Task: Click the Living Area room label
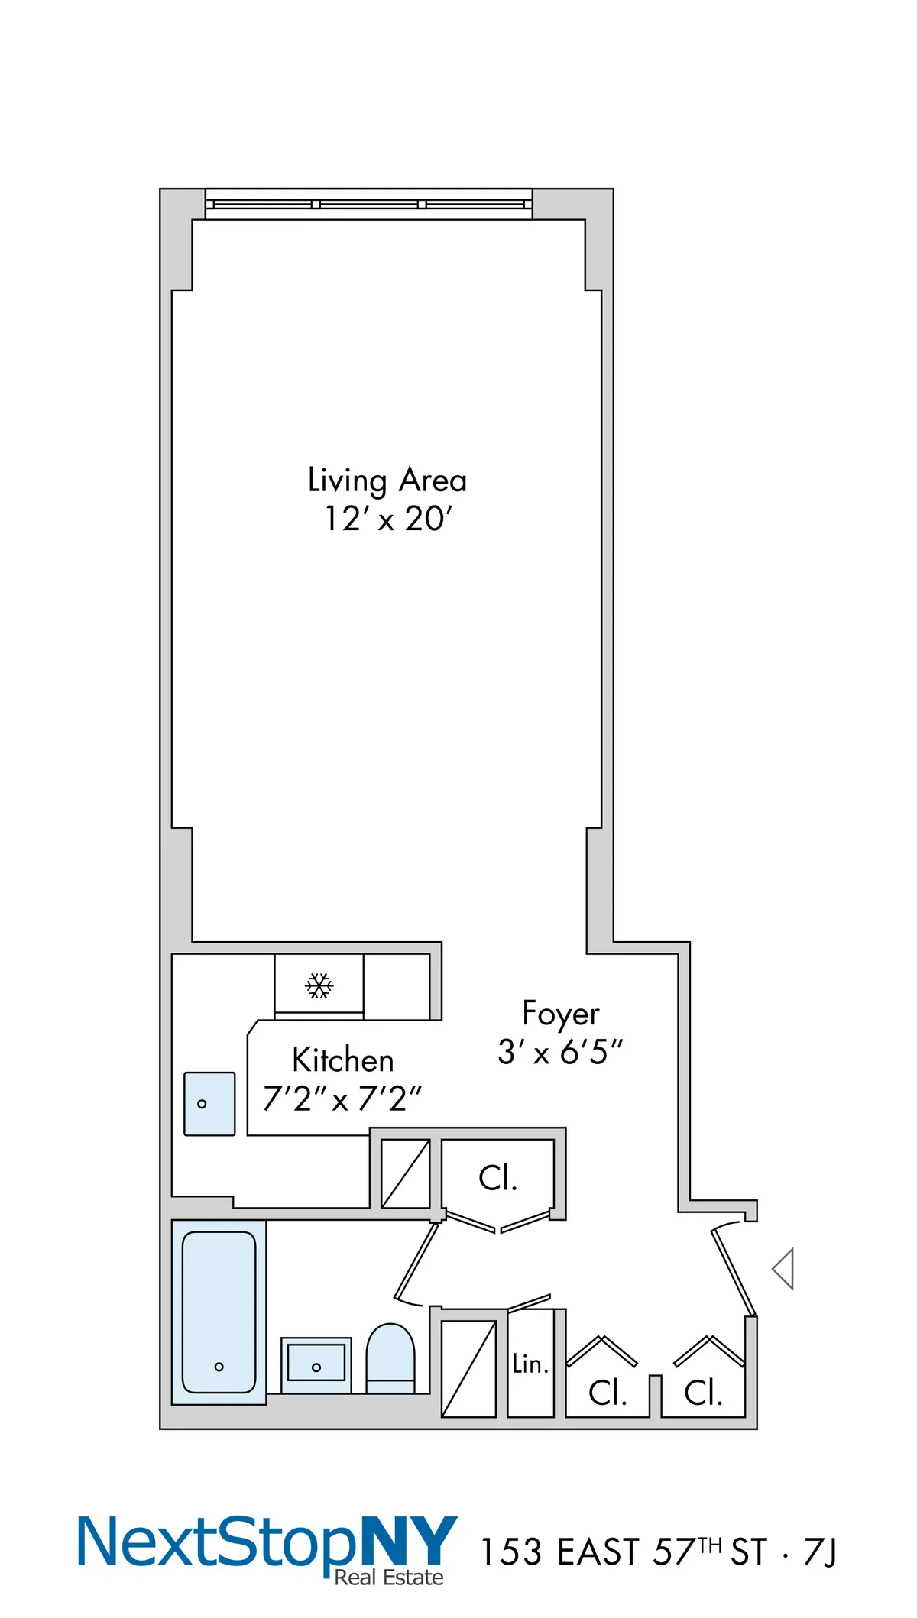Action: pos(387,481)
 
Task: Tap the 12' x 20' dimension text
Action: pos(388,519)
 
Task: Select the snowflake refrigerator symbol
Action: pos(319,985)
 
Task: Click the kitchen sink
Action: pos(209,1104)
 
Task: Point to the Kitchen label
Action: pos(343,1060)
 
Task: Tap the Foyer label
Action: pos(560,1014)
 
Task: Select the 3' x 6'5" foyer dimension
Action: pos(560,1052)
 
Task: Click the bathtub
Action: pos(219,1311)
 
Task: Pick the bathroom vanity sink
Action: pos(316,1364)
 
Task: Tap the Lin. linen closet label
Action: pos(530,1364)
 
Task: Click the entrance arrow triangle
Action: pos(784,1269)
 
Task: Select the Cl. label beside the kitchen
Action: pos(497,1178)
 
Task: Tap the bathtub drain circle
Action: pos(219,1367)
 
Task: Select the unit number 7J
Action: pos(820,1552)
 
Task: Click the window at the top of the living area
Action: pos(368,204)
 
